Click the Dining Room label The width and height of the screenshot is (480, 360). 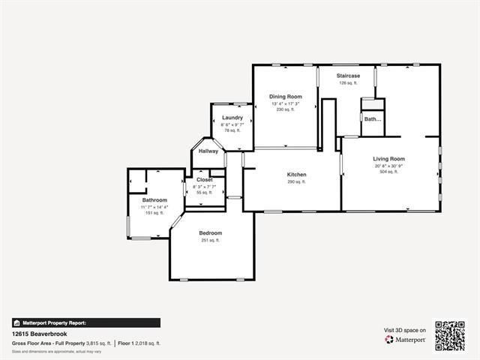click(286, 97)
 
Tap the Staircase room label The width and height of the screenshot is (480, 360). click(348, 76)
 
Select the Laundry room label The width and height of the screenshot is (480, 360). click(232, 118)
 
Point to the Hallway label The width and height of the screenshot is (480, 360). click(208, 151)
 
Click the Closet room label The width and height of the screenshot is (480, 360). click(205, 180)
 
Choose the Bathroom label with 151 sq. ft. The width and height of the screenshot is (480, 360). click(154, 200)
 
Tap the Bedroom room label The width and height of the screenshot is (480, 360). click(211, 233)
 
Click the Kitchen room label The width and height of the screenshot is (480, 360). click(296, 175)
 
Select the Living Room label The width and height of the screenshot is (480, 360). click(389, 159)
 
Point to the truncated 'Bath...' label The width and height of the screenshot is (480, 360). click(373, 119)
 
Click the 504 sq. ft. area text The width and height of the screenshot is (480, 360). click(388, 172)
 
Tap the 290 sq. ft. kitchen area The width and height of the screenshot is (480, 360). click(296, 182)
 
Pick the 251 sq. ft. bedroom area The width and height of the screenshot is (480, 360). click(211, 241)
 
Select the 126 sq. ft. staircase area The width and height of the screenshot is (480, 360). click(348, 83)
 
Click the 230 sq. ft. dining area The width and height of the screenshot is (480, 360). click(286, 109)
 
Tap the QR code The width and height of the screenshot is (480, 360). click(450, 335)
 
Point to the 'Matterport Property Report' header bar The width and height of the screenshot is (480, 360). click(85, 322)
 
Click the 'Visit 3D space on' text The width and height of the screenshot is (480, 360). click(405, 330)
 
